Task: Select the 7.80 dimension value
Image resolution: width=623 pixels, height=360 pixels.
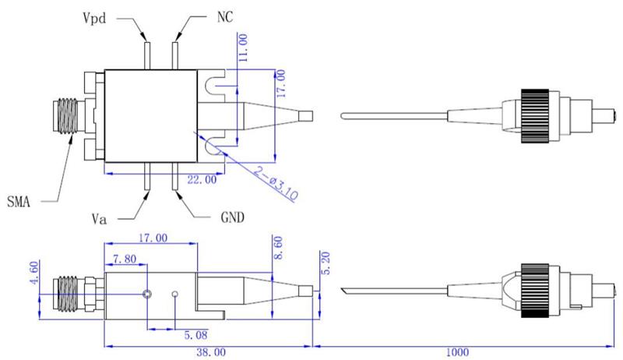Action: [x=125, y=259]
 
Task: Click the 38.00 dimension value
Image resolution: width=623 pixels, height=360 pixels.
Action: [x=206, y=352]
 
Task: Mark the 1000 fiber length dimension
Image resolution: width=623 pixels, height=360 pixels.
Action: [x=460, y=352]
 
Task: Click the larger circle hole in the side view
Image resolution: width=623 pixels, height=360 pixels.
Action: [x=147, y=295]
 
